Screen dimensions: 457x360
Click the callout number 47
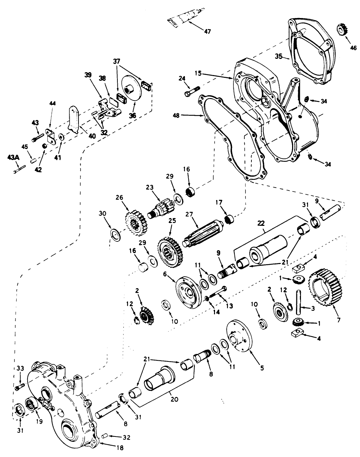[207, 32]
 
